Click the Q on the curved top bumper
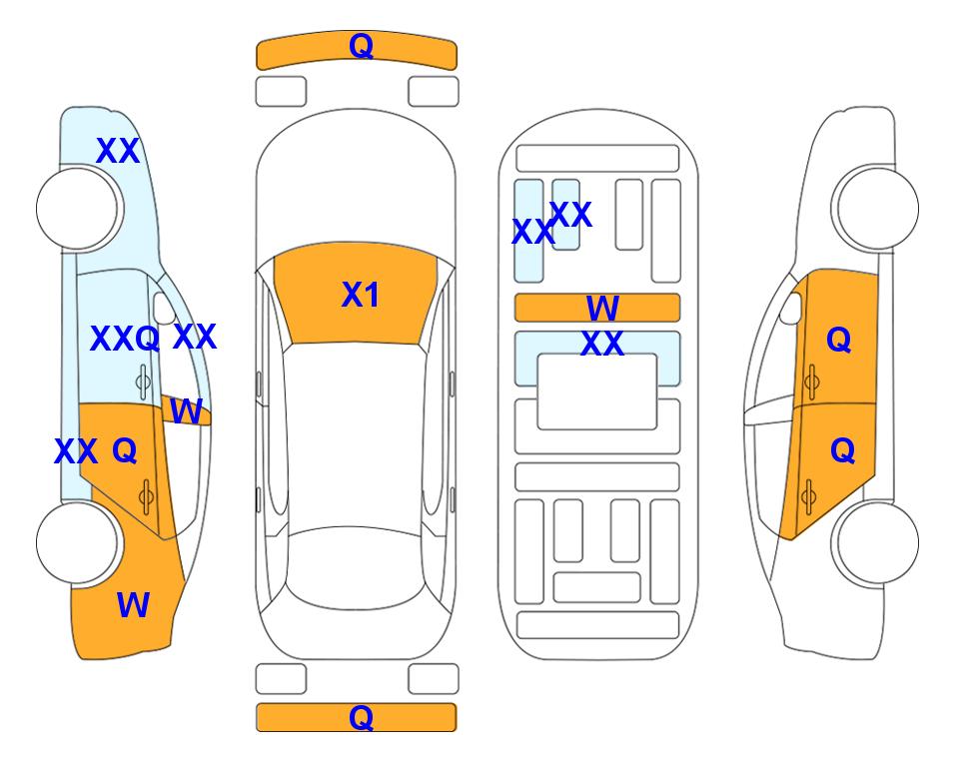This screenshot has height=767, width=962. pos(361,46)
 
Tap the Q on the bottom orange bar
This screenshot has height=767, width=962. pos(361,717)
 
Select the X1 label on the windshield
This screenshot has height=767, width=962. pos(361,295)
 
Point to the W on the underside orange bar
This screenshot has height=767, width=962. pos(602,308)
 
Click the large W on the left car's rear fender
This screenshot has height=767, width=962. pos(133,605)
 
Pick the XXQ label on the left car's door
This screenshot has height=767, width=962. pos(125,339)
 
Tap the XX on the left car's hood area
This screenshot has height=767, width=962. pos(118,151)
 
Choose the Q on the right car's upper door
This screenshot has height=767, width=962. pos(839,340)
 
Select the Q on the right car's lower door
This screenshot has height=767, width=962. pos(842,451)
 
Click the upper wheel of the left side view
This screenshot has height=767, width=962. pos(77,209)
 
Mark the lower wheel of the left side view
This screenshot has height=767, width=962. pos(77,542)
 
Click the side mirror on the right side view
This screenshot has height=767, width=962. pos(791,308)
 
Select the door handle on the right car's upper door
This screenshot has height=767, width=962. pos(811,382)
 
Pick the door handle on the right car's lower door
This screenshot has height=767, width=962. pos(808,497)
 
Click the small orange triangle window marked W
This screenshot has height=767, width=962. pos(186,409)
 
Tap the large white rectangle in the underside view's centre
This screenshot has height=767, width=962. pos(597,391)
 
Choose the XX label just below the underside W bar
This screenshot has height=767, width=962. pos(602,344)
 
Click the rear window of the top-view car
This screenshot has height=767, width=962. pos(356,566)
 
